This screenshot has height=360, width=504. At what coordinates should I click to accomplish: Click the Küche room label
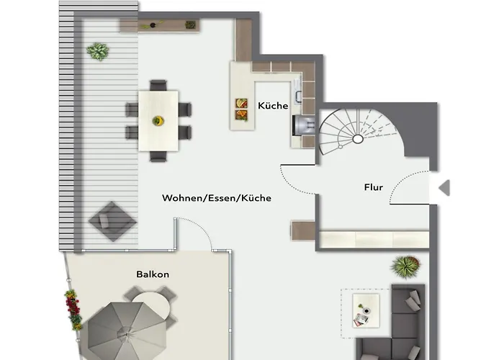coord(273,105)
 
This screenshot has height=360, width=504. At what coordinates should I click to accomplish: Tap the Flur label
coord(374,187)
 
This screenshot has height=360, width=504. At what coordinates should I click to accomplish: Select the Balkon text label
coord(153,274)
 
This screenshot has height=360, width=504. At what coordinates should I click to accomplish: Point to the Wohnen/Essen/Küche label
coord(217,198)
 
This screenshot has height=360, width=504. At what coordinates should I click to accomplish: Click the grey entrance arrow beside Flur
coord(444,188)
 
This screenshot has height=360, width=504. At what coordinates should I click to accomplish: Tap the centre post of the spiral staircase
coord(358,139)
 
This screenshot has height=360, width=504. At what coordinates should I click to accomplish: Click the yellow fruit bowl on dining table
coord(158,121)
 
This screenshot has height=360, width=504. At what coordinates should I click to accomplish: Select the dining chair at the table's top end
coord(158,85)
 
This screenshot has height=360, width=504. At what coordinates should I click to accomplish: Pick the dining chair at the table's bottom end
coord(158,156)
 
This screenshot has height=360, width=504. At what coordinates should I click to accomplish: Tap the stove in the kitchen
coord(304,125)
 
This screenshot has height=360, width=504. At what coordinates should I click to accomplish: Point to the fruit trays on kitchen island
coord(241,109)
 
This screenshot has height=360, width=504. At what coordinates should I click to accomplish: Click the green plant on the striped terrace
coord(98,51)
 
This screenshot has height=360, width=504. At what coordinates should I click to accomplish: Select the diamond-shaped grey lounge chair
coord(112,222)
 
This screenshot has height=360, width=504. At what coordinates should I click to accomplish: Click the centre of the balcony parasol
coord(127,334)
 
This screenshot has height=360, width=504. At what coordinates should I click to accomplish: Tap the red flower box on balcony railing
coord(73,310)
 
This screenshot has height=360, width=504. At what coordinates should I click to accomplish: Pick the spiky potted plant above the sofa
coord(405,266)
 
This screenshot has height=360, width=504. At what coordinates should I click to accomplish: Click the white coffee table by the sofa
coord(366,310)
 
